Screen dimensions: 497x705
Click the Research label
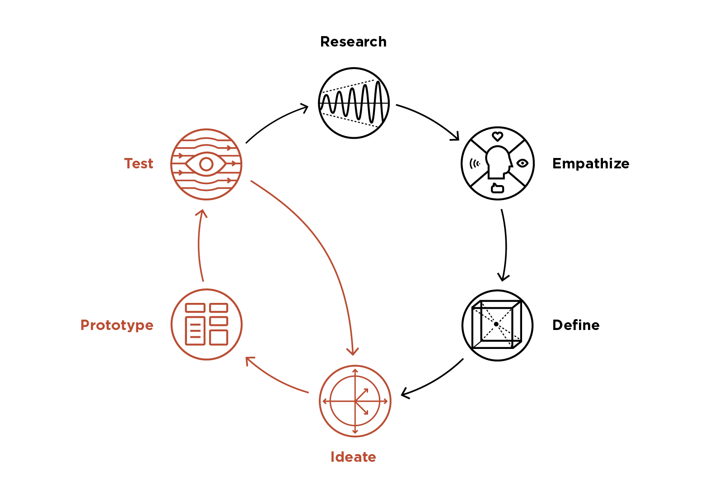pyautogui.click(x=353, y=42)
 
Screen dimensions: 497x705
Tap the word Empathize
pyautogui.click(x=590, y=163)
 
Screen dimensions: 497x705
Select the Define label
pyautogui.click(x=575, y=325)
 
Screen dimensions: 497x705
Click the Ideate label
pyautogui.click(x=353, y=457)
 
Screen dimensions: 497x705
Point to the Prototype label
pyautogui.click(x=117, y=325)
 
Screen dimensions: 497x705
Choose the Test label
pyautogui.click(x=139, y=163)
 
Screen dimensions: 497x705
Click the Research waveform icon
pyautogui.click(x=354, y=103)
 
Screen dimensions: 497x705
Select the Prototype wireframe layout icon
pyautogui.click(x=207, y=325)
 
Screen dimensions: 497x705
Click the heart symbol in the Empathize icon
pyautogui.click(x=497, y=136)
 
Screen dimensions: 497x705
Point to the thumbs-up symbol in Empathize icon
pyautogui.click(x=497, y=188)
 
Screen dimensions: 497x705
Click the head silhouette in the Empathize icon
pyautogui.click(x=497, y=162)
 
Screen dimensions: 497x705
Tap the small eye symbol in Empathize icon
pyautogui.click(x=523, y=163)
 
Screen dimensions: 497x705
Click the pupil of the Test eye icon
pyautogui.click(x=206, y=164)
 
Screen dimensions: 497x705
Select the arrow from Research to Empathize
pyautogui.click(x=429, y=118)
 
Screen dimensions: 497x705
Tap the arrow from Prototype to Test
pyautogui.click(x=199, y=246)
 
